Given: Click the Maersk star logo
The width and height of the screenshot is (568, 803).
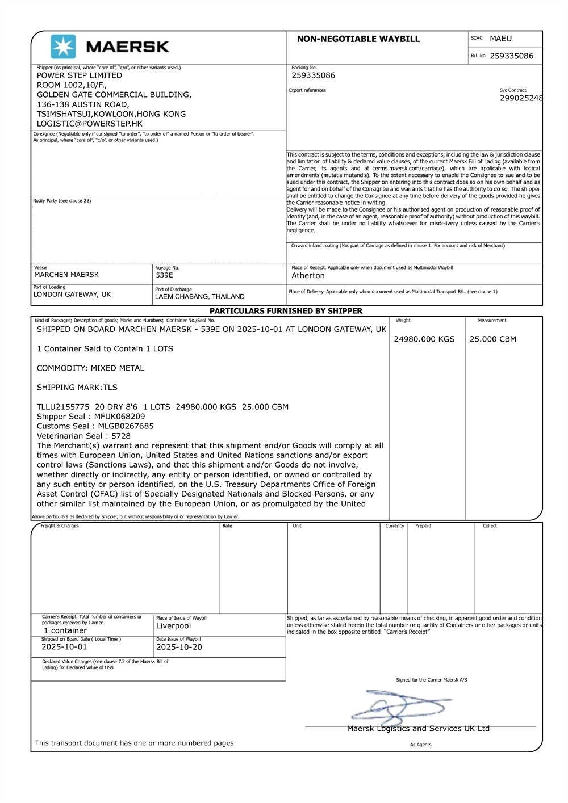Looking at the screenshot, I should [63, 47].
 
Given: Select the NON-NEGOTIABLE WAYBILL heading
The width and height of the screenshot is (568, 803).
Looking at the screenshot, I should [358, 39].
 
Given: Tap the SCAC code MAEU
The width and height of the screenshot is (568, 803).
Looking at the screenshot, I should [500, 39].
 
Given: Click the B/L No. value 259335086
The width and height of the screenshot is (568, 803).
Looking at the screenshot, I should [511, 56].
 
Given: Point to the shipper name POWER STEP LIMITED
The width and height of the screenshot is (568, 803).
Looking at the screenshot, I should [80, 75].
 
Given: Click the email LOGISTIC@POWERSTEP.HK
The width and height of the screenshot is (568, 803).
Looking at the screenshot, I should [90, 124].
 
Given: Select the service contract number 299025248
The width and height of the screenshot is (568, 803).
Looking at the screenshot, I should [521, 98].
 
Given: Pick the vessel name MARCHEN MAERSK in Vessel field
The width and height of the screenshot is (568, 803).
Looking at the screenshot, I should [66, 275].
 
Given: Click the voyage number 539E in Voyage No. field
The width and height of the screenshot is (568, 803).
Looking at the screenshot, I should [164, 275].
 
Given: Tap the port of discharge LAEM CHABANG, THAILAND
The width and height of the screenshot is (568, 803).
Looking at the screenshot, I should [199, 296].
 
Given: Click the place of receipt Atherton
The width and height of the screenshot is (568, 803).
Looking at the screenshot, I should [308, 276].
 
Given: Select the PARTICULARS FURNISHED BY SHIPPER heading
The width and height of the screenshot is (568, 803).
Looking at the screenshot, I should [286, 311].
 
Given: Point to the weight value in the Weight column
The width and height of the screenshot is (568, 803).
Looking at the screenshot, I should [424, 339].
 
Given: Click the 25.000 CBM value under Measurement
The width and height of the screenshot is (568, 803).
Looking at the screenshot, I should [493, 339].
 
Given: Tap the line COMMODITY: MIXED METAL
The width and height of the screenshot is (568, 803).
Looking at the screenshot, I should [90, 368].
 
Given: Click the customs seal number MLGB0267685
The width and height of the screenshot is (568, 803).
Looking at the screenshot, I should [126, 426].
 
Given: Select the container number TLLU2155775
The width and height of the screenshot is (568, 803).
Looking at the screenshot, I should [63, 407].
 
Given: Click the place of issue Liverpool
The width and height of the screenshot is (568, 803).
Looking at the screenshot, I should [174, 626].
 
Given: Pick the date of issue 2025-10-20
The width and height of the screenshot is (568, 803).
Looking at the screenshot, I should [179, 647].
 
